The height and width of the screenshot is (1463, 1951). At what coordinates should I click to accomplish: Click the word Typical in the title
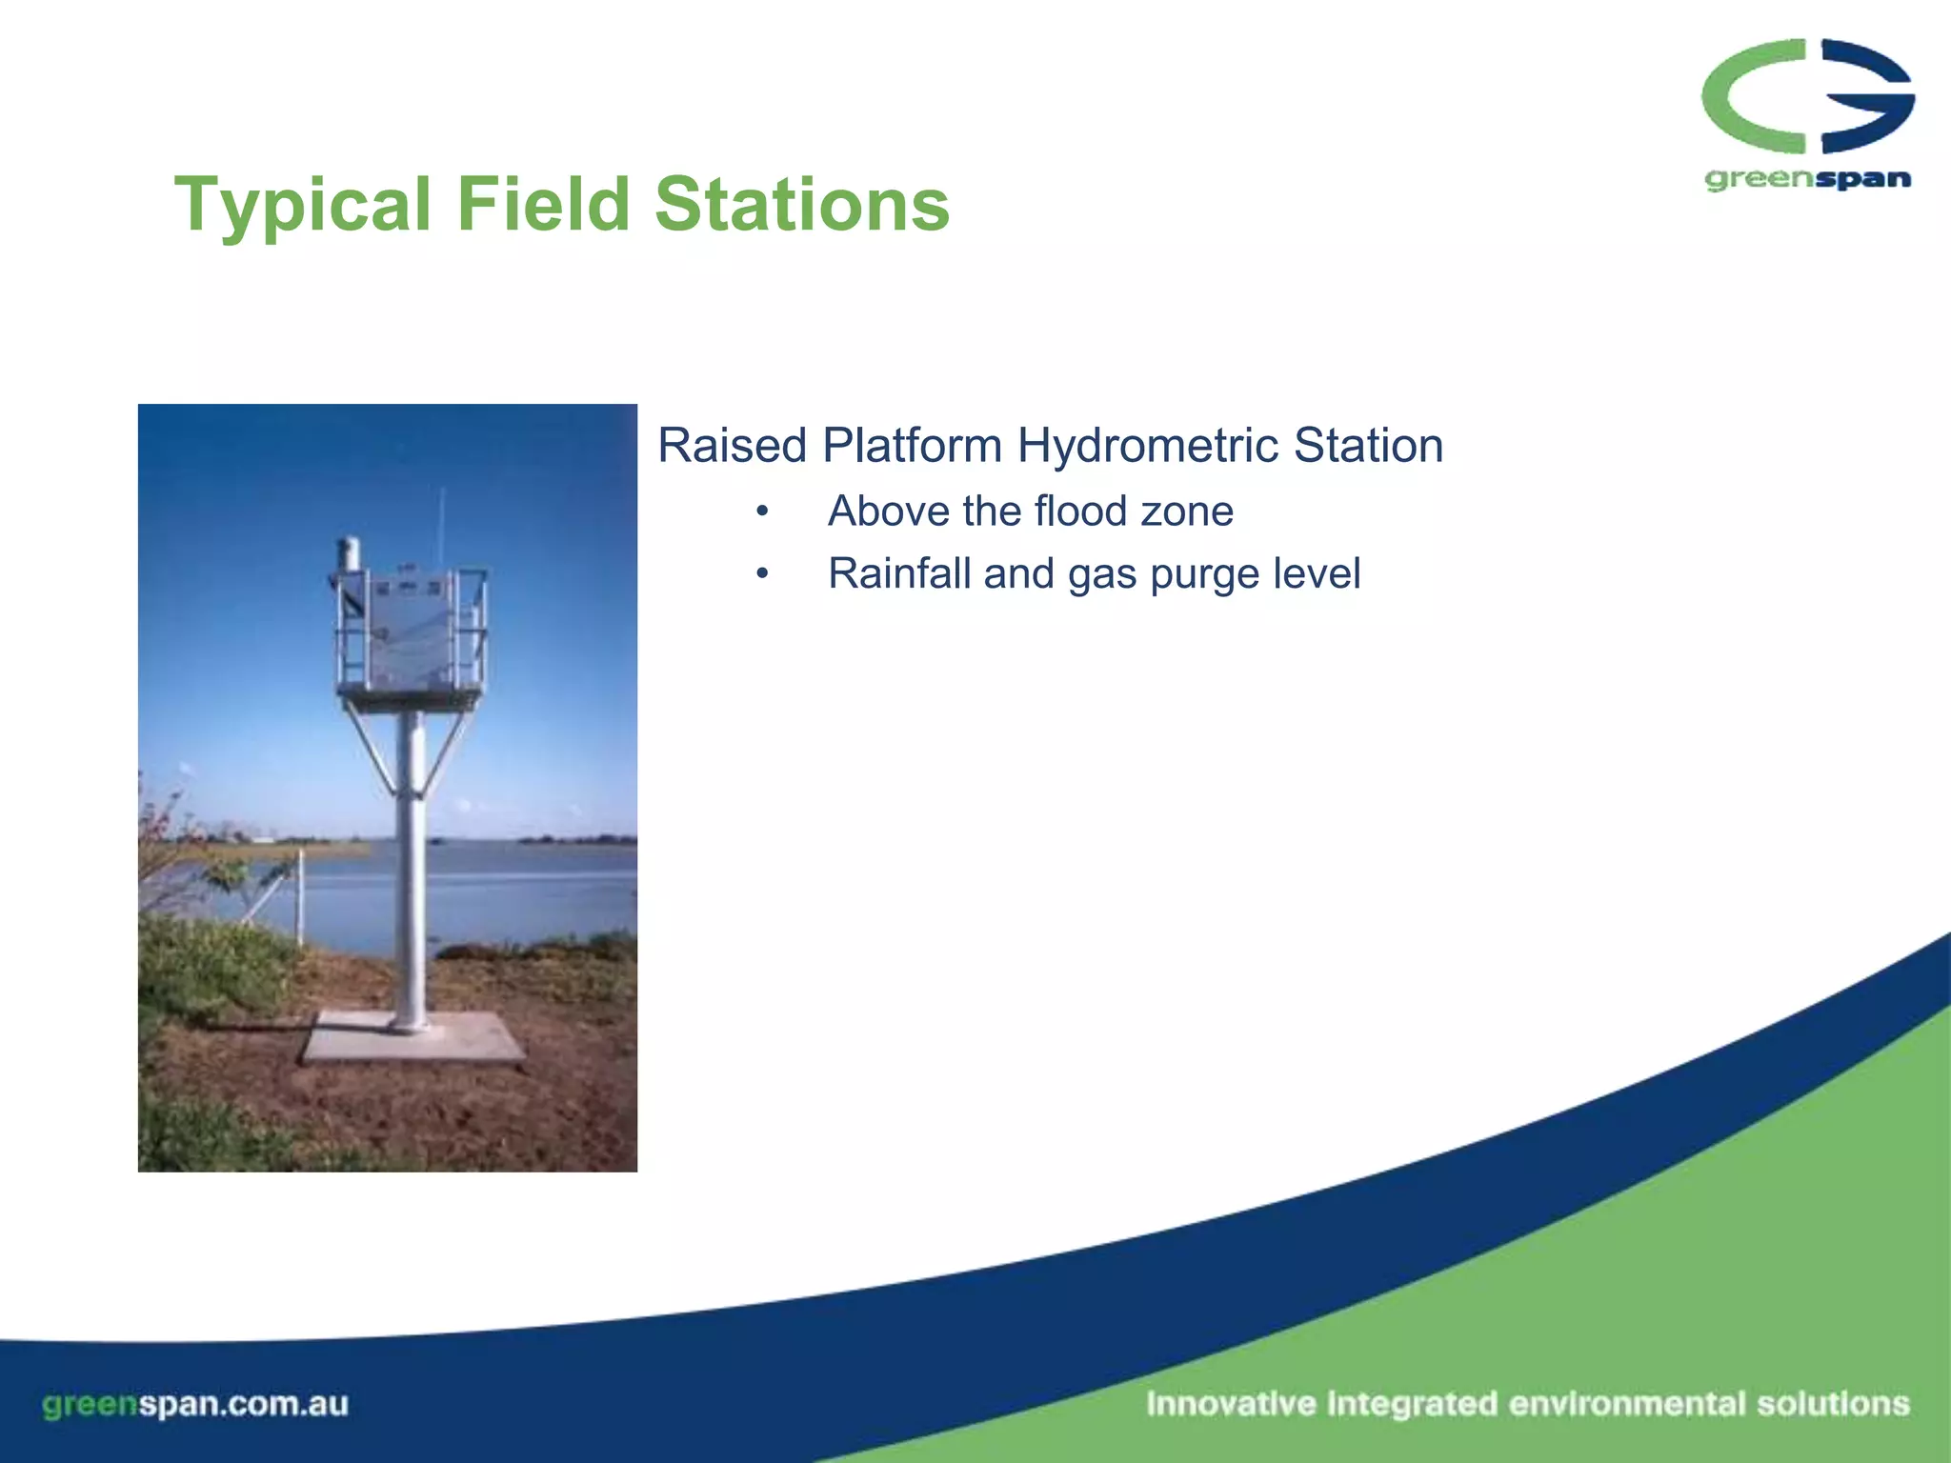click(x=303, y=205)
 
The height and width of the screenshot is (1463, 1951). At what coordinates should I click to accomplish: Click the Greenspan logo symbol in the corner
click(x=1807, y=95)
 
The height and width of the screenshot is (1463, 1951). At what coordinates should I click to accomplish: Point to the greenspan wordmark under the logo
click(x=1807, y=179)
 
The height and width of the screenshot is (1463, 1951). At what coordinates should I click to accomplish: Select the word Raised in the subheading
click(x=732, y=446)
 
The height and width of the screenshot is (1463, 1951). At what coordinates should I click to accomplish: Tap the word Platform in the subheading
click(x=913, y=446)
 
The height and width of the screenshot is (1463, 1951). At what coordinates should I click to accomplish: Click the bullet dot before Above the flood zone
click(x=761, y=512)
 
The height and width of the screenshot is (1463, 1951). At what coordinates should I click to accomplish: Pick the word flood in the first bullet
click(x=1082, y=511)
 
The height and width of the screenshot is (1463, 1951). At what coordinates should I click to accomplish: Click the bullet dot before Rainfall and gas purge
click(x=761, y=574)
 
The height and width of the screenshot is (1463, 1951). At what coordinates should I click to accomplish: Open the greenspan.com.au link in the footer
click(x=195, y=1404)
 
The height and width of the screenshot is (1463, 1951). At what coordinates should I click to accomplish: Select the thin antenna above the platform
click(x=441, y=529)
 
